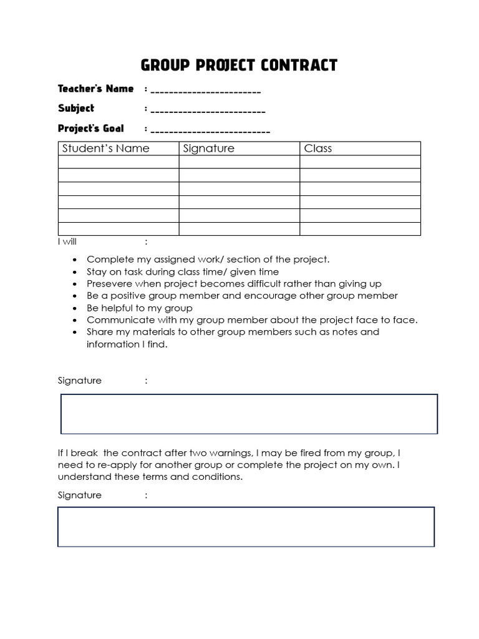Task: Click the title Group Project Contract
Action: point(239,65)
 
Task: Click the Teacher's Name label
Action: point(95,89)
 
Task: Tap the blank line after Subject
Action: point(208,111)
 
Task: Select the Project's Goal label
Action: point(91,129)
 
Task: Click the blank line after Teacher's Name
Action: point(205,92)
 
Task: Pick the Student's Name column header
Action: point(106,149)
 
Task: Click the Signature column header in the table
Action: point(209,149)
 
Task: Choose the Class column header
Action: point(318,149)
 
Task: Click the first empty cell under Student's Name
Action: point(119,162)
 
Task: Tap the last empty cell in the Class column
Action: point(360,229)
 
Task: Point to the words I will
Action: point(67,242)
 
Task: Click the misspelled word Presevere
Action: point(109,284)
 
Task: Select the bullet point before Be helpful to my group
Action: point(75,308)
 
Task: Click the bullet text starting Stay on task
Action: point(183,272)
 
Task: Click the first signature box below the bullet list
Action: point(249,414)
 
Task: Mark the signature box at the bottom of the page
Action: point(246,527)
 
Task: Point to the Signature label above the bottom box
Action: point(79,495)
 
